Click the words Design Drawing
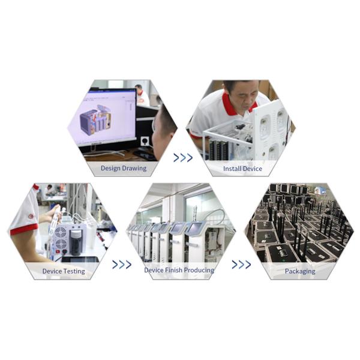point(124,168)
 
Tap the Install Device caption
point(242,169)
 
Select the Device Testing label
point(64,271)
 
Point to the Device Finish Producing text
point(179,270)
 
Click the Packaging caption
point(300,271)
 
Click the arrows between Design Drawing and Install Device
point(183,158)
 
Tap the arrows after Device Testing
point(122,264)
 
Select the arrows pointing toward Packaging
point(241,264)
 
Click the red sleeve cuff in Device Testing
point(24,229)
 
